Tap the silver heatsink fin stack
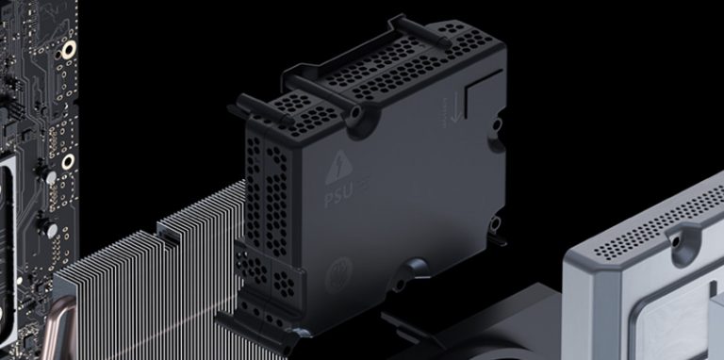(x=141, y=283)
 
